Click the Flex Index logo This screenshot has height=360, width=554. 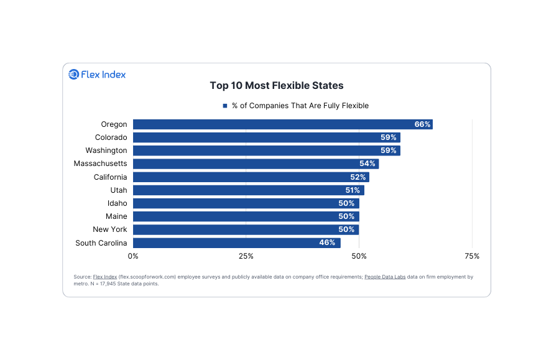coord(97,75)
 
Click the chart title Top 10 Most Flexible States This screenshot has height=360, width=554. coord(277,85)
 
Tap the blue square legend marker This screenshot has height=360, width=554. coord(225,106)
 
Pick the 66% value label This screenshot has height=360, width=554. coord(422,124)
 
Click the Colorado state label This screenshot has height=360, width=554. coord(111,137)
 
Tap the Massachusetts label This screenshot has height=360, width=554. coord(100,164)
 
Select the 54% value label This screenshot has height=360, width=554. coord(367,164)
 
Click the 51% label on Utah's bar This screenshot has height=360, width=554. coord(352,190)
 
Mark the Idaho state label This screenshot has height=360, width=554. coord(117,203)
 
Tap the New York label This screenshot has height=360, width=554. coord(110,229)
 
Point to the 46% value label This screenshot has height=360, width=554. coord(327,242)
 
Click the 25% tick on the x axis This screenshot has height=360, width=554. coord(246,256)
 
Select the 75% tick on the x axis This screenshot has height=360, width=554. coord(472,256)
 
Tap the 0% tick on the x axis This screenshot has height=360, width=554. coord(133,256)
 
